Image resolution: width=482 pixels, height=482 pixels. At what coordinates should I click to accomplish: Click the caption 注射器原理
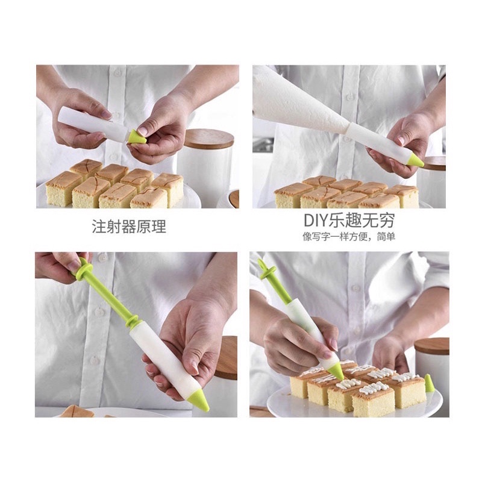pyautogui.click(x=128, y=227)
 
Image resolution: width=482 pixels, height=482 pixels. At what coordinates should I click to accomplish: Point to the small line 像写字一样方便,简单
pyautogui.click(x=349, y=237)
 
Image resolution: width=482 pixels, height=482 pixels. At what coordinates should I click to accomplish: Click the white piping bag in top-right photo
pyautogui.click(x=295, y=99)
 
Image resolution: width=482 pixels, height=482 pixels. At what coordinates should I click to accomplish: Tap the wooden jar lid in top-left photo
pyautogui.click(x=208, y=139)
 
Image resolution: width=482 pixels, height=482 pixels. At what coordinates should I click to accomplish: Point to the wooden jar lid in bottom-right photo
pyautogui.click(x=433, y=345)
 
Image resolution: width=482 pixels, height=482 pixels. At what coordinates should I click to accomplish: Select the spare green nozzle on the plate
pyautogui.click(x=430, y=383)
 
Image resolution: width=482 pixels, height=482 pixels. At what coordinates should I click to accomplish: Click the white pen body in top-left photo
pyautogui.click(x=90, y=124)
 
